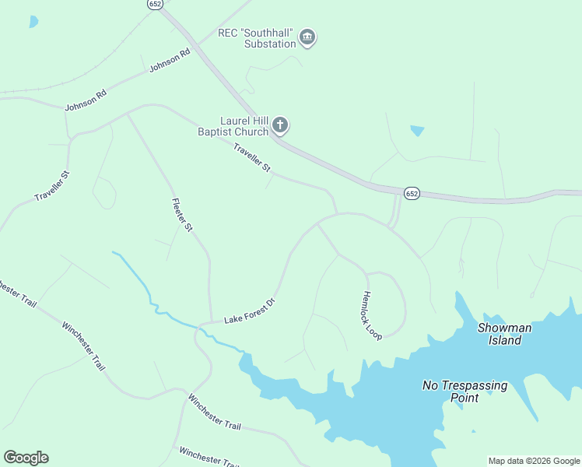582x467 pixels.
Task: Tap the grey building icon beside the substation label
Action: click(x=307, y=37)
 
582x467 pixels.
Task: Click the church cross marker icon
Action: click(x=280, y=126)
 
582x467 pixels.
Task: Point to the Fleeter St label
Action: click(x=181, y=214)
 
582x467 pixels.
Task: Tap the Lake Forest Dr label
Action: click(x=250, y=310)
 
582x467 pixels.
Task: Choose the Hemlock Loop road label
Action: click(x=372, y=315)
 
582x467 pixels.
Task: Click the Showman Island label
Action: click(x=504, y=334)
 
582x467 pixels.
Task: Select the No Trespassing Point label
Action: click(x=465, y=391)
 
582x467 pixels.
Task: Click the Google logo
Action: click(x=26, y=458)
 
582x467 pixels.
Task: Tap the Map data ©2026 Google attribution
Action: click(x=534, y=461)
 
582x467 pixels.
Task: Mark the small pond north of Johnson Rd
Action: click(x=33, y=22)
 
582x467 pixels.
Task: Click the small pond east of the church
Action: click(x=418, y=131)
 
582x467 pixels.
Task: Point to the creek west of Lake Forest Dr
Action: click(x=148, y=288)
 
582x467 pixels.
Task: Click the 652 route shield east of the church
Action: click(x=412, y=193)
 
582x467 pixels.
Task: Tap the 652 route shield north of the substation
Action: click(x=154, y=4)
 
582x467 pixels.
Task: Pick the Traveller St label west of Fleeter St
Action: click(x=52, y=185)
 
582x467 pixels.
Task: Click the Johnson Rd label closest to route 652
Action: click(x=170, y=61)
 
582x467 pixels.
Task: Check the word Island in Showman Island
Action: click(x=505, y=340)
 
